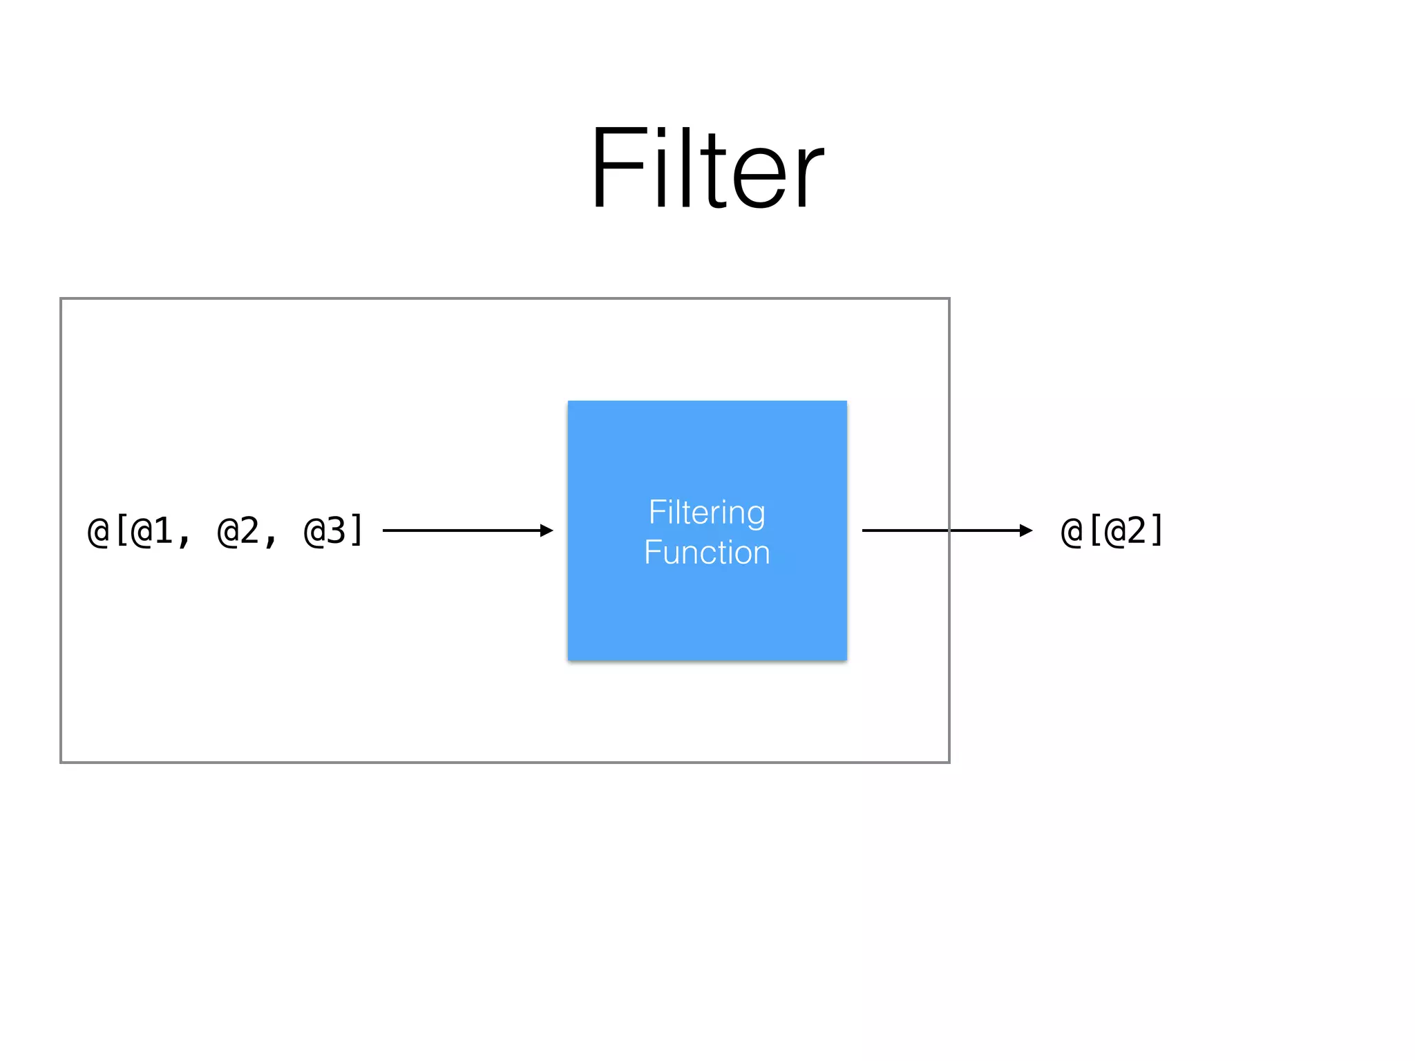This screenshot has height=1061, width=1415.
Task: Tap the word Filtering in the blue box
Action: pyautogui.click(x=707, y=513)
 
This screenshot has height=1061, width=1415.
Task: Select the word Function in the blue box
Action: pyautogui.click(x=707, y=553)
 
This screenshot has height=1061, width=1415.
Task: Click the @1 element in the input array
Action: pyautogui.click(x=152, y=531)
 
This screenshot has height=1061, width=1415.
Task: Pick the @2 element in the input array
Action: pyautogui.click(x=238, y=531)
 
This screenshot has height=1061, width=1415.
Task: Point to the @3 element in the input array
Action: pyautogui.click(x=325, y=531)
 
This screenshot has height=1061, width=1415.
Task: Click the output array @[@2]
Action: pyautogui.click(x=1112, y=531)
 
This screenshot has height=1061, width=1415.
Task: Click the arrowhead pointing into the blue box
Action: pyautogui.click(x=547, y=530)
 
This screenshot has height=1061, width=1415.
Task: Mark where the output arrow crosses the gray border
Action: pyautogui.click(x=949, y=530)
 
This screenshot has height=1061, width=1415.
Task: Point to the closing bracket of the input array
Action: pyautogui.click(x=357, y=531)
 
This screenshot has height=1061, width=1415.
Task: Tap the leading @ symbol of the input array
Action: pyautogui.click(x=98, y=531)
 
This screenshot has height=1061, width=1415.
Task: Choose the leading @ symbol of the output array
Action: pyautogui.click(x=1071, y=531)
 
